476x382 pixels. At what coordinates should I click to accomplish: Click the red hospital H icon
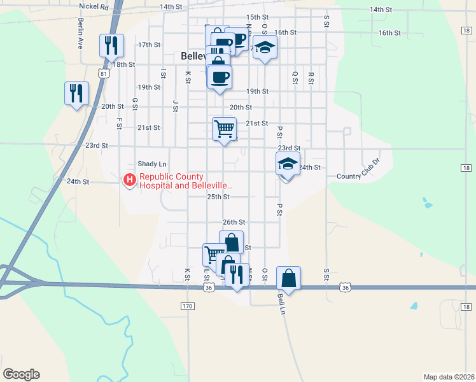coord(130,181)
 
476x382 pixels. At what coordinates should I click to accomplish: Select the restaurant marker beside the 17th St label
coord(109,45)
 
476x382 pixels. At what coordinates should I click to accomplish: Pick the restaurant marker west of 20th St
coord(76,93)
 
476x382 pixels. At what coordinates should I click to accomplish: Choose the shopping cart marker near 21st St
coord(224,129)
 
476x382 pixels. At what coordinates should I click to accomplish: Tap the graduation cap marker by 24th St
coord(288,164)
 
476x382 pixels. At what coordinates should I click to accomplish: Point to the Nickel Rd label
coord(94,6)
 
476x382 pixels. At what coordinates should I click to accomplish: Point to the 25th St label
coord(218,197)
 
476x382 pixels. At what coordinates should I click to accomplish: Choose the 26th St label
coord(234,222)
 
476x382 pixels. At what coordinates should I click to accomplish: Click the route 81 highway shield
coord(104,73)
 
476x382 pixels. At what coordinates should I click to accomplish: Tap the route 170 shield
coord(186,307)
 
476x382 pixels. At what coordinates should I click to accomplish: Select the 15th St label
coord(257,17)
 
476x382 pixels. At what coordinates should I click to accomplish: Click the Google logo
coord(21,374)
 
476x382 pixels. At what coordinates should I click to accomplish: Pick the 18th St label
coord(124,64)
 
